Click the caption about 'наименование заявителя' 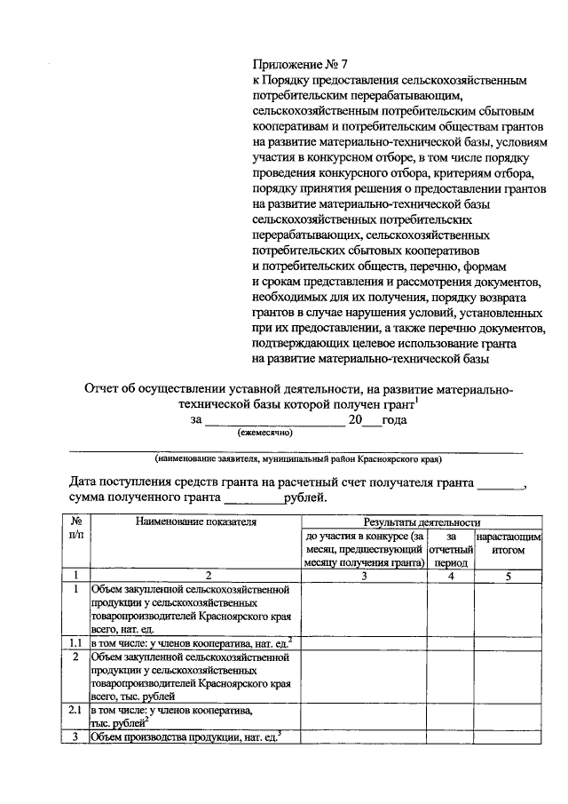(x=296, y=459)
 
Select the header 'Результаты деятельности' (x=422, y=522)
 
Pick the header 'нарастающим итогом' (x=508, y=544)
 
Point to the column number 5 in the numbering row (x=508, y=575)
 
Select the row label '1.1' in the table (x=75, y=642)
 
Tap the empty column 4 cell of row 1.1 (x=451, y=642)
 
